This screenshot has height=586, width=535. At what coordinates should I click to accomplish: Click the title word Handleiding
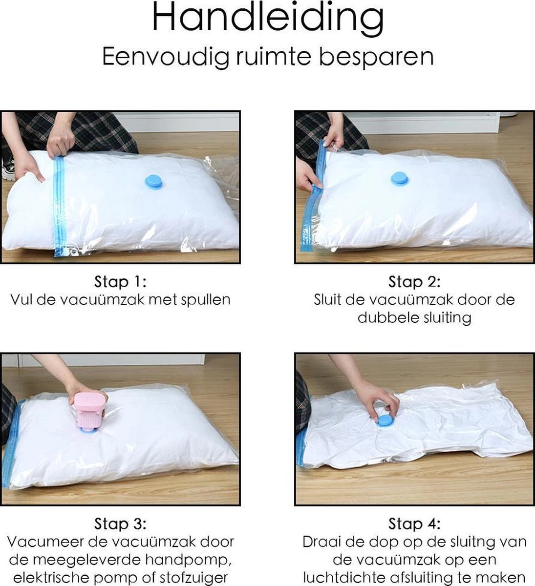[268, 18]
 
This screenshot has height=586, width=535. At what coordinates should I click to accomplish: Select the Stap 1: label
[120, 282]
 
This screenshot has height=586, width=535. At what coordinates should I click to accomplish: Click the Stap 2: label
[414, 282]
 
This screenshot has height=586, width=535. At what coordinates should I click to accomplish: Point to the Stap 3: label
[120, 524]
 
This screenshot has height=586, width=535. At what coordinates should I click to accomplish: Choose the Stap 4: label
[414, 524]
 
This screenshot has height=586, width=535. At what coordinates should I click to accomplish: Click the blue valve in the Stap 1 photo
[155, 182]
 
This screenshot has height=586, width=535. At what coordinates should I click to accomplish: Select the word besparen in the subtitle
[376, 56]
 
